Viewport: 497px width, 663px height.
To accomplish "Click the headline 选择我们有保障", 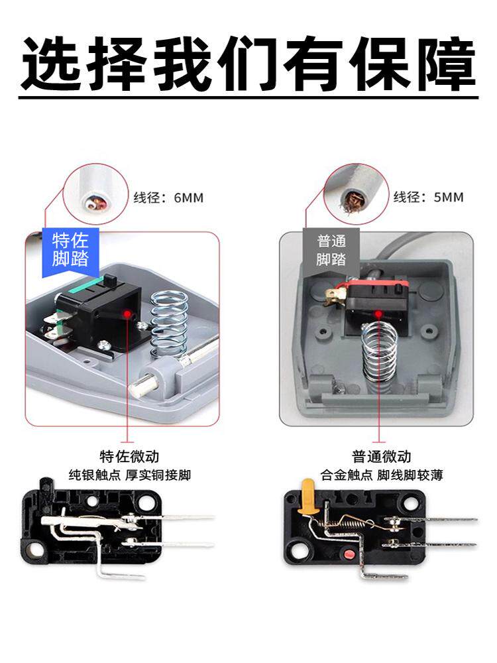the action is coord(248,64).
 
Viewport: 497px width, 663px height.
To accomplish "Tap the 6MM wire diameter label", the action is coord(168,198).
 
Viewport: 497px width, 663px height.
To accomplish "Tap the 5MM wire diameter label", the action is coord(429,197).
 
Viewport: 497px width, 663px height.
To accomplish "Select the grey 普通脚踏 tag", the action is coord(331,251).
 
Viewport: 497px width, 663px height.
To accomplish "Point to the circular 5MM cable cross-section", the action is coord(357,194).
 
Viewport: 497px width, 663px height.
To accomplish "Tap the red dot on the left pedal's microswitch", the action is coord(127,314).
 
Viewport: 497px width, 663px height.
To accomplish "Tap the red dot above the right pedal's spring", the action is coord(378,314).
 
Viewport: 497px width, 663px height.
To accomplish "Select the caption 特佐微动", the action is coord(130,457).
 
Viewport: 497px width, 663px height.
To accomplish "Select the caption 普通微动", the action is coord(382,457).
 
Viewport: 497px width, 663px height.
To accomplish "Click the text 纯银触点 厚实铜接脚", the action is coord(130,475).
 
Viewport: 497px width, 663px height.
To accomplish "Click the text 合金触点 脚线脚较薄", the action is coord(382,475).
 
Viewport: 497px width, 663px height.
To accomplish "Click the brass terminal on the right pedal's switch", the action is coord(334,295).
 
